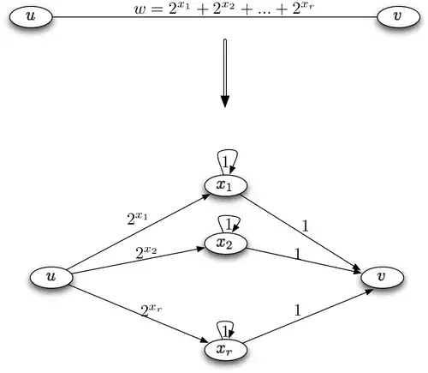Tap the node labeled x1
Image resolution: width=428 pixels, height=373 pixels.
coord(224,186)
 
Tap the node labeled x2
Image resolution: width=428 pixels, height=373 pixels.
coord(224,244)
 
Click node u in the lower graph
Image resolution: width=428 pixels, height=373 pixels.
coord(51,277)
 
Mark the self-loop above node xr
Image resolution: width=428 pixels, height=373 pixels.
coord(225,329)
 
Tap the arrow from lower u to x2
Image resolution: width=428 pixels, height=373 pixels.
coord(137,261)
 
